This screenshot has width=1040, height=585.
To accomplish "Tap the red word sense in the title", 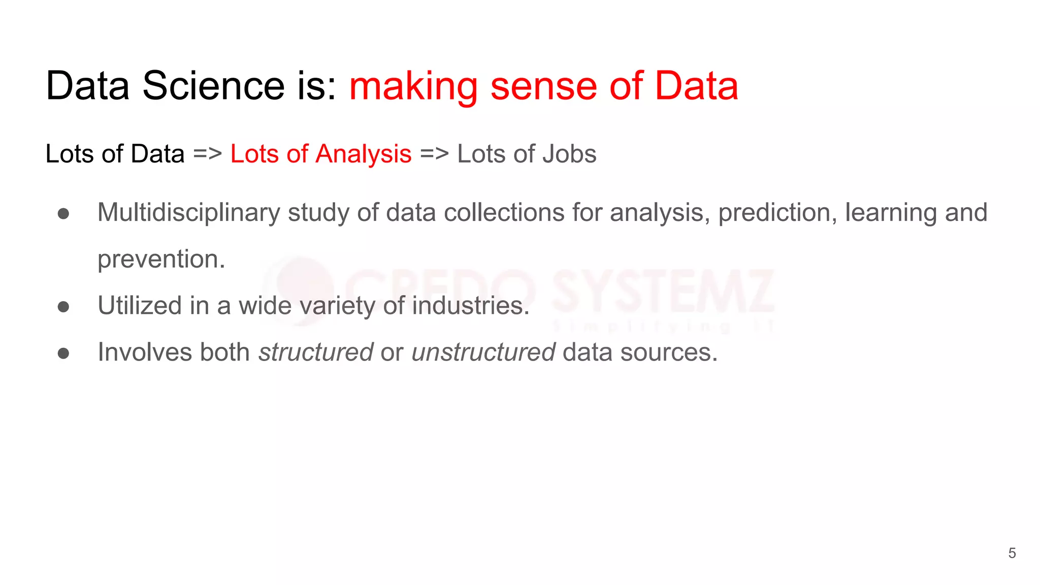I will [x=544, y=86].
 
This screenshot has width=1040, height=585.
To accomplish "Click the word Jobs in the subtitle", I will [x=569, y=154].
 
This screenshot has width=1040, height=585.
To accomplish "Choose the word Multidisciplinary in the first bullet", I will [x=188, y=213].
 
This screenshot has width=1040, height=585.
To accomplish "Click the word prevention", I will [x=161, y=259].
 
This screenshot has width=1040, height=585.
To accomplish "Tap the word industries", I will [x=471, y=306].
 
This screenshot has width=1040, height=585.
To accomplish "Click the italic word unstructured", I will [x=483, y=352].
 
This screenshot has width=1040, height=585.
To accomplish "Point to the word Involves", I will [x=145, y=352].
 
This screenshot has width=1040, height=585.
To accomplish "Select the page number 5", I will [x=1012, y=553].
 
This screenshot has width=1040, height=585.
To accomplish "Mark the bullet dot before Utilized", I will [x=63, y=307].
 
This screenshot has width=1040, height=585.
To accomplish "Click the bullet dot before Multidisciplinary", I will [x=63, y=214].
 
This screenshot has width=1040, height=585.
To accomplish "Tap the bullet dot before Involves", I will [x=63, y=353].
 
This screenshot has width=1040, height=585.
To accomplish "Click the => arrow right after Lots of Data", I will [x=207, y=154].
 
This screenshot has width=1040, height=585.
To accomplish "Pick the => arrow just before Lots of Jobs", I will [x=434, y=154].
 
